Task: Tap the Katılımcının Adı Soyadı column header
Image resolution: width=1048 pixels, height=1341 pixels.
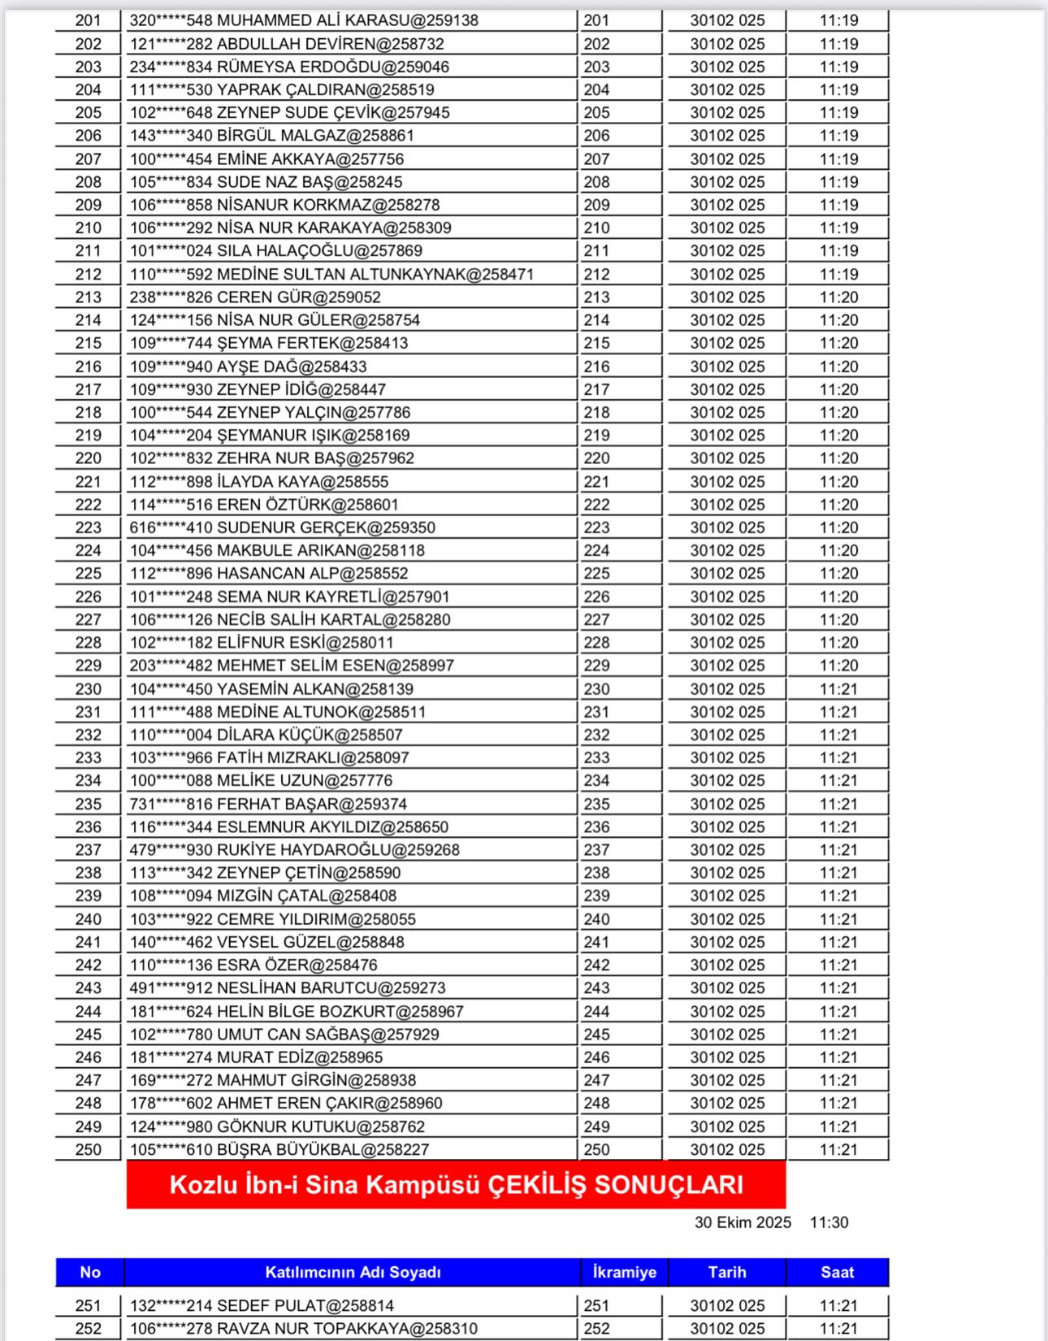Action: coord(353,1272)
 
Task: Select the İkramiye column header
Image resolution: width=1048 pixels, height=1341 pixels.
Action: coord(624,1272)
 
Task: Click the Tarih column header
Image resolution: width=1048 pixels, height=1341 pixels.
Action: coord(726,1272)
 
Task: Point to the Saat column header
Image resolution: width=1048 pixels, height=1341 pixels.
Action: coord(837,1272)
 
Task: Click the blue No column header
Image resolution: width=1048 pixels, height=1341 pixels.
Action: coord(89,1272)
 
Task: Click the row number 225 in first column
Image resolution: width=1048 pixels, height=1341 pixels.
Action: coord(89,574)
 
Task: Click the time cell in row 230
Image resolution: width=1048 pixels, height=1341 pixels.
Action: coord(838,689)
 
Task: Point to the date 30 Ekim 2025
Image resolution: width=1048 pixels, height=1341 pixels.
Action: coord(743,1222)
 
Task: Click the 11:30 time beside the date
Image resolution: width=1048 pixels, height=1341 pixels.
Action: coord(829,1222)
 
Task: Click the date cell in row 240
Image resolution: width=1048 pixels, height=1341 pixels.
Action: coord(727,919)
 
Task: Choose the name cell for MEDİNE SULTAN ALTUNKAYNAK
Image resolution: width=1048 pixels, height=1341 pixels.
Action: coord(331,275)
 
